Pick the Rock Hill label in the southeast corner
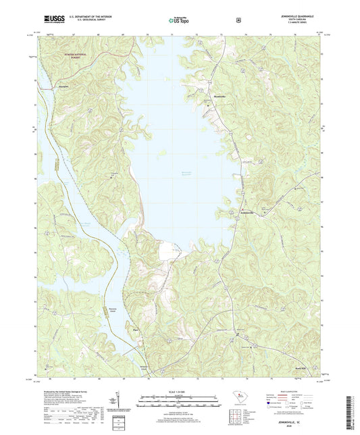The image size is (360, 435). click(301, 358)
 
